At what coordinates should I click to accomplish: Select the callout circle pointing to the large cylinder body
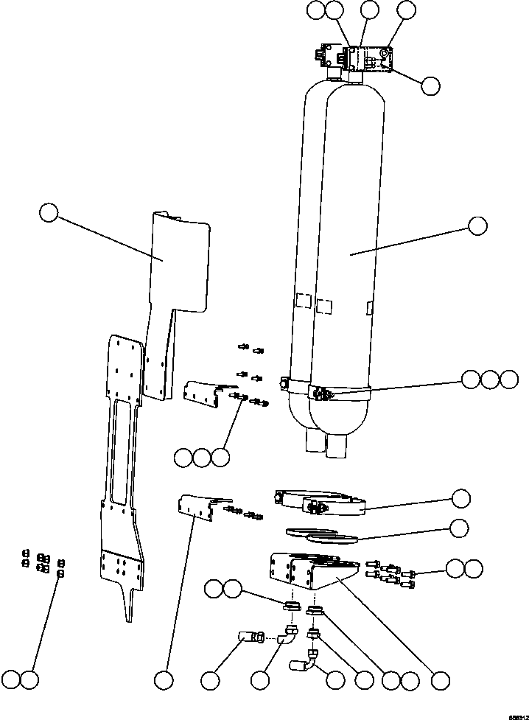click(x=477, y=226)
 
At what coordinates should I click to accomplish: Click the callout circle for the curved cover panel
click(x=49, y=214)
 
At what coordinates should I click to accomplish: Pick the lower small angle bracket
click(x=197, y=508)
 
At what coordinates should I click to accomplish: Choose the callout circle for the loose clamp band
click(x=460, y=498)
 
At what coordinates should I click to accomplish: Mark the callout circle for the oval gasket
click(x=460, y=528)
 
